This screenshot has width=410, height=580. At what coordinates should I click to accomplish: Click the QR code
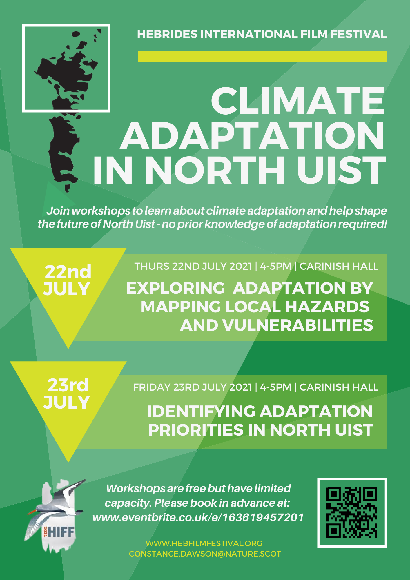352,512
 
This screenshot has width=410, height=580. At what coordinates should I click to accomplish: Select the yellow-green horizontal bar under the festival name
262,57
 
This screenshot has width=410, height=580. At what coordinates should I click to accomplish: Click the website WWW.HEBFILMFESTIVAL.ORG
204,543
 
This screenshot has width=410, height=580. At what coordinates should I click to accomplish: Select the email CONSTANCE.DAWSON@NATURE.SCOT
205,554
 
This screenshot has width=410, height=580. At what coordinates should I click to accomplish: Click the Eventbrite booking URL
198,518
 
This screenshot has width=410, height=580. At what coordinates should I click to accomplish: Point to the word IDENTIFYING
201,411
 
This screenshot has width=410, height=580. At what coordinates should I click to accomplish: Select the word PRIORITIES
196,430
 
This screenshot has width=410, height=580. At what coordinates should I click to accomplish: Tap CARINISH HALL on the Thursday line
339,266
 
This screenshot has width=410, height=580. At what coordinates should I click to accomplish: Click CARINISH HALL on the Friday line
339,387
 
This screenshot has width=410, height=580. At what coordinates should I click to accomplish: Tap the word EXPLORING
175,288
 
